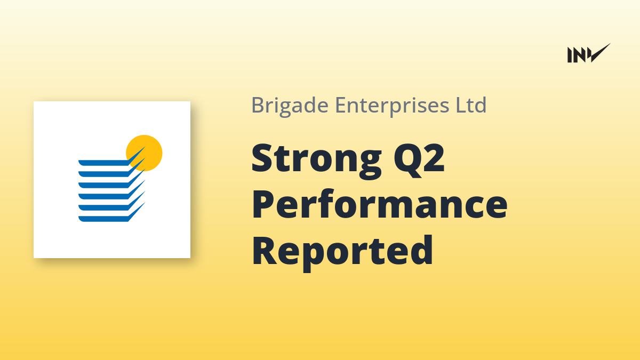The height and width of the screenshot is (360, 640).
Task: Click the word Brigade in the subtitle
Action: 290,105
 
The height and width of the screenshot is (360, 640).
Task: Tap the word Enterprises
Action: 392,105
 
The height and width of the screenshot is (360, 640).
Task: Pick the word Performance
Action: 379,204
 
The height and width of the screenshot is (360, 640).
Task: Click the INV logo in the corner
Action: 589,53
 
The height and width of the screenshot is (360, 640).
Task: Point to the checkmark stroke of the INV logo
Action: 600,53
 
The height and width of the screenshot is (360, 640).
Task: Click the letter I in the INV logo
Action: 570,55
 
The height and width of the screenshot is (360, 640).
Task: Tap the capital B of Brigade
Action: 258,105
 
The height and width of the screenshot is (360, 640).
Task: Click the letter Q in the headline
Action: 407,161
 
